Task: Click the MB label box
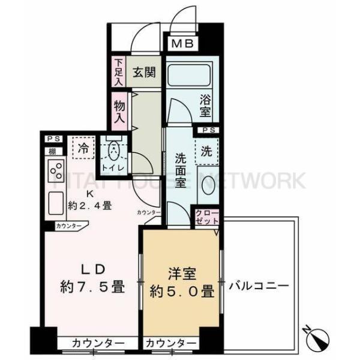[x=181, y=43]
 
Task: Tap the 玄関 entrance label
[x=145, y=73]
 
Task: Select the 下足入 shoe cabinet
[x=118, y=71]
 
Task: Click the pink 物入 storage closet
[x=119, y=111]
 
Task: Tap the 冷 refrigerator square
[x=83, y=146]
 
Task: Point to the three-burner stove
[x=56, y=172]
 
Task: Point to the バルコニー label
[x=259, y=286]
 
